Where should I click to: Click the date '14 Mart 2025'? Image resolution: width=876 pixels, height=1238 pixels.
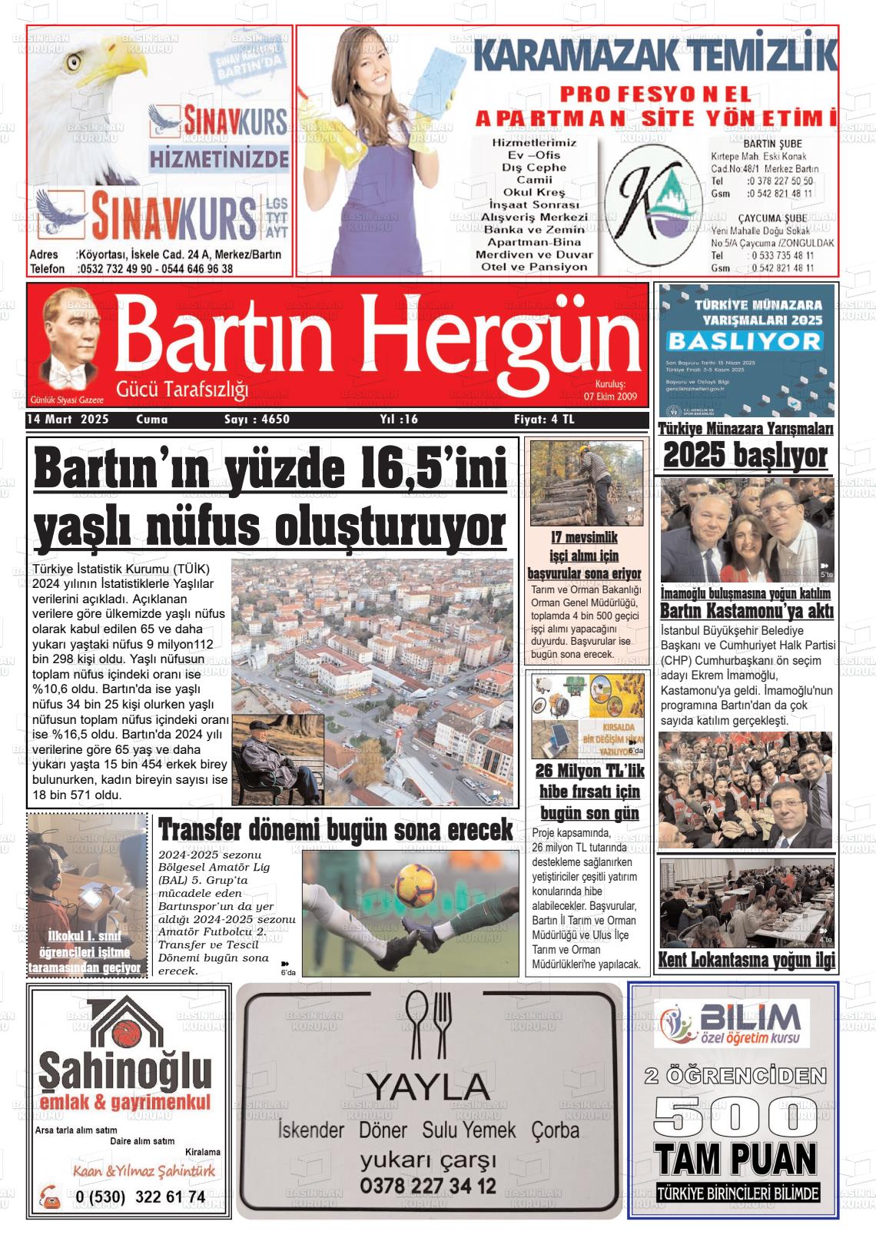click(67, 420)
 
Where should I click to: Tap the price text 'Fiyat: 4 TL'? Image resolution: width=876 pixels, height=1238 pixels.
click(544, 420)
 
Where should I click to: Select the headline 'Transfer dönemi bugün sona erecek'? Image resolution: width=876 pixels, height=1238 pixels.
click(335, 831)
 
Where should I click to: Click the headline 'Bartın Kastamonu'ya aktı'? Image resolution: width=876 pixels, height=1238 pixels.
click(747, 612)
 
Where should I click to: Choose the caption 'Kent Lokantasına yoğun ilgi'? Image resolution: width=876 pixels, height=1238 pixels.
click(746, 961)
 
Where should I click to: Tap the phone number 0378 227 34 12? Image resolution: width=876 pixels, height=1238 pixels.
click(427, 1186)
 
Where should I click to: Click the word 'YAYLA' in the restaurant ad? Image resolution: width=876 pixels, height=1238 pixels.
click(427, 1087)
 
